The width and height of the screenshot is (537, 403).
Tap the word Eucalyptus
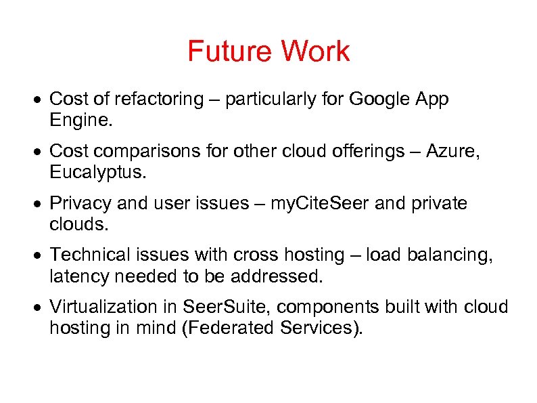97,173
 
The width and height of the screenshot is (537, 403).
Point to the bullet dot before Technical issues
42,256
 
